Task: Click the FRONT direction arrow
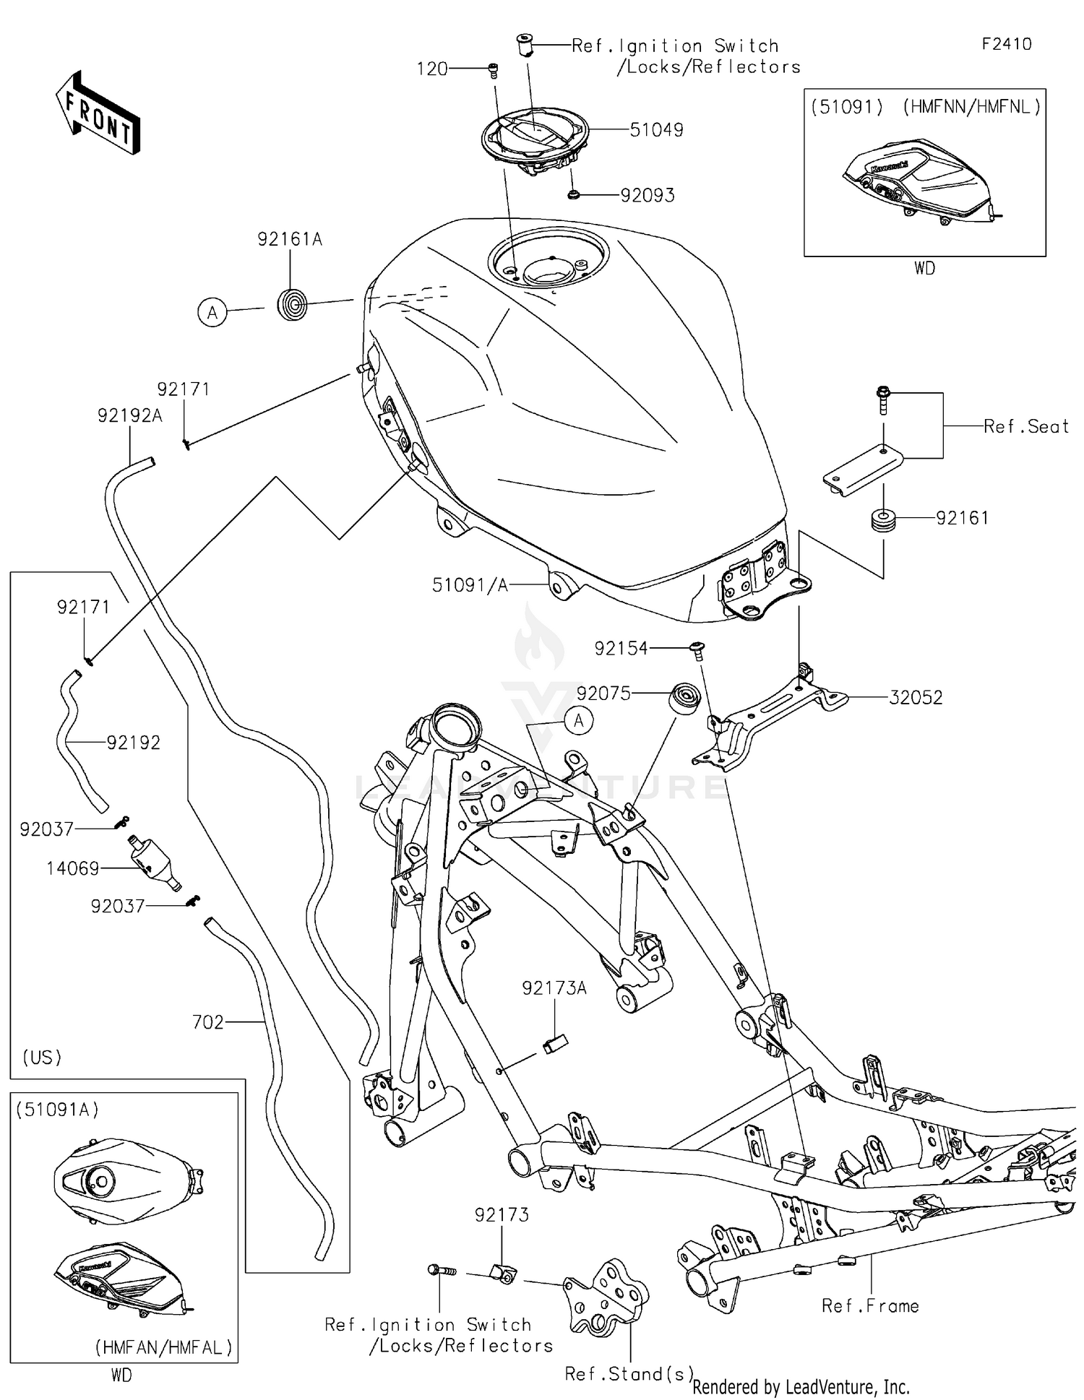98,113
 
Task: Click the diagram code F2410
1006,44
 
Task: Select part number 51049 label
656,130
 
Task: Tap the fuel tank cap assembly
535,138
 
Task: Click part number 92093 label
648,196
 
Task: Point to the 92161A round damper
293,303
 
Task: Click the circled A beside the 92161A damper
212,313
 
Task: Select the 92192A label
130,415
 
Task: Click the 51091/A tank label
470,585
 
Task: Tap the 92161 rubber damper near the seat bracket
883,520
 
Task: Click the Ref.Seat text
1025,427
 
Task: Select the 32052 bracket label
915,698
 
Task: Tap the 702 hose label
207,1022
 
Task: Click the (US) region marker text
42,1058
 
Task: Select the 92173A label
554,988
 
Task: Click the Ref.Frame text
870,1306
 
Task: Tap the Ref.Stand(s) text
629,1373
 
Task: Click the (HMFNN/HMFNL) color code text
972,107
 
